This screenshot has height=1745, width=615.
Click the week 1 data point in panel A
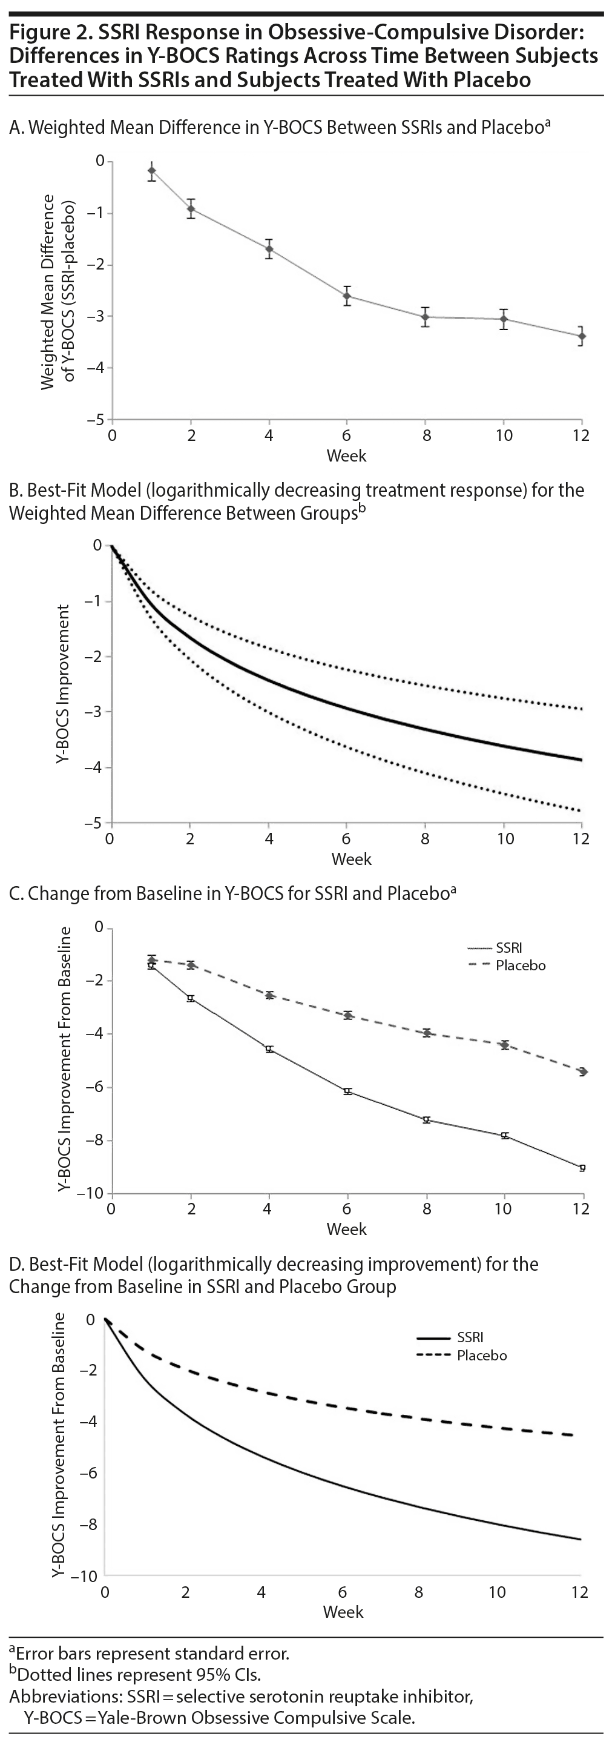(152, 171)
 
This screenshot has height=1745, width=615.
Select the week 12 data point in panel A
(582, 336)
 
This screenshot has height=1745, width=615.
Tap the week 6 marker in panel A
(347, 296)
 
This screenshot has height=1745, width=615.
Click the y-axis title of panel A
(57, 291)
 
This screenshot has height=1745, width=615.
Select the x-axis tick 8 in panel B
(426, 839)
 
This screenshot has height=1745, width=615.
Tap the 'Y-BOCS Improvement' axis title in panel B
(63, 684)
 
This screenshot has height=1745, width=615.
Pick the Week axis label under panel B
(351, 859)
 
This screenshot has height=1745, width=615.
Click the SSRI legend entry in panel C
(508, 948)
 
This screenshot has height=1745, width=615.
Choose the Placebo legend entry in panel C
(520, 965)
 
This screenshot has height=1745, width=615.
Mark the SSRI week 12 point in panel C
(582, 1168)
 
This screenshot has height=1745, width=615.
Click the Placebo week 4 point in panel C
(269, 995)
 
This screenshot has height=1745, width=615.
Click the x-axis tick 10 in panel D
(497, 1592)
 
